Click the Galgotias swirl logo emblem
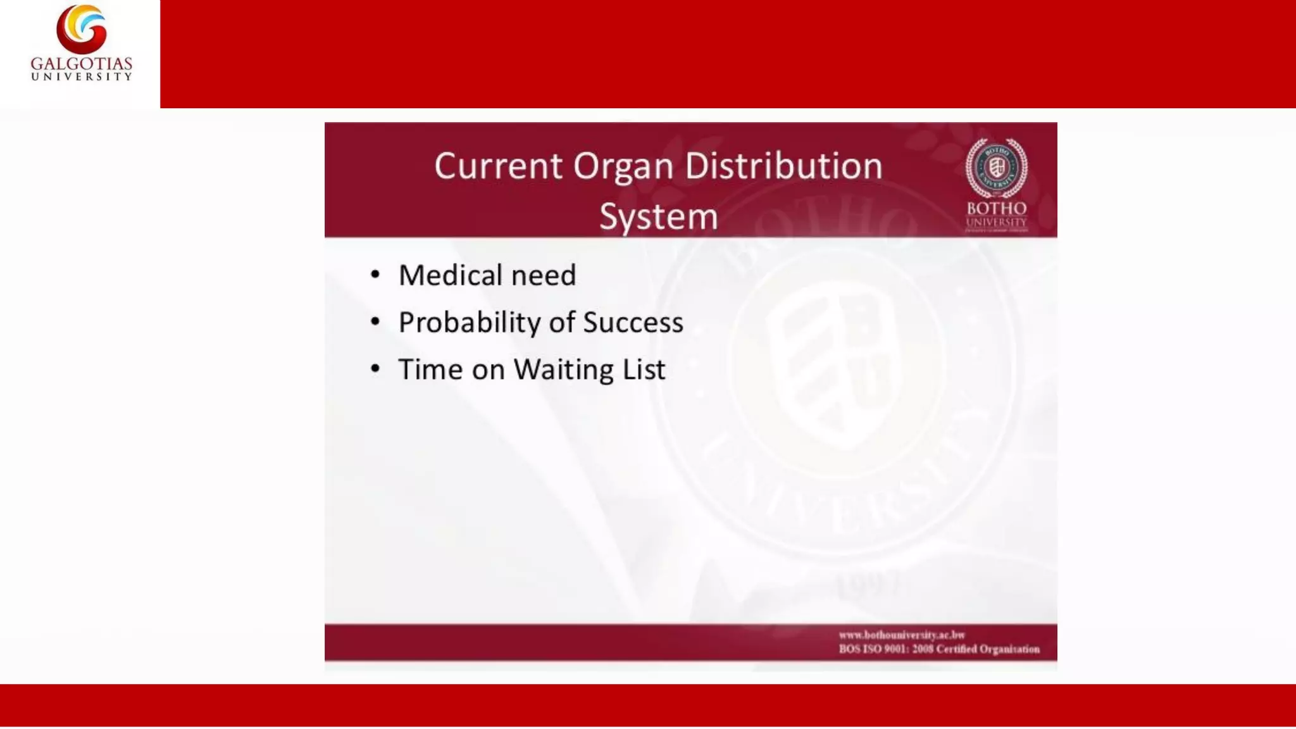click(x=82, y=29)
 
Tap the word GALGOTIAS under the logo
click(x=82, y=64)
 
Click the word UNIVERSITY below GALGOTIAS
click(x=82, y=77)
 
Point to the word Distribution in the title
click(x=783, y=166)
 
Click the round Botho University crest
click(x=996, y=168)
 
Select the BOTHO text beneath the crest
click(x=996, y=209)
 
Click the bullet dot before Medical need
click(x=375, y=275)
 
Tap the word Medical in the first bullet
click(x=450, y=275)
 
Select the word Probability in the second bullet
click(x=469, y=323)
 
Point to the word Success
click(x=633, y=323)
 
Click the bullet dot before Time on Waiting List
click(x=375, y=368)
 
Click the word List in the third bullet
click(x=644, y=370)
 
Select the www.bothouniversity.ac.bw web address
click(x=902, y=635)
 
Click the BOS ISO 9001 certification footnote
click(x=939, y=649)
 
